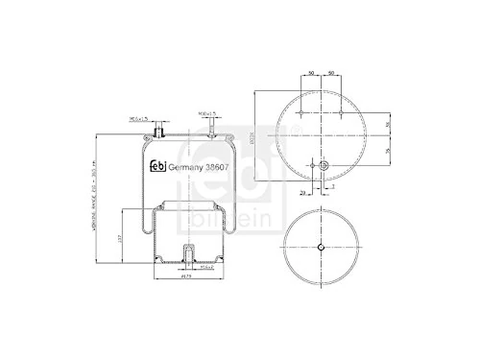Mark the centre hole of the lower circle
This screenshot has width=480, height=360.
(x=321, y=251)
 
